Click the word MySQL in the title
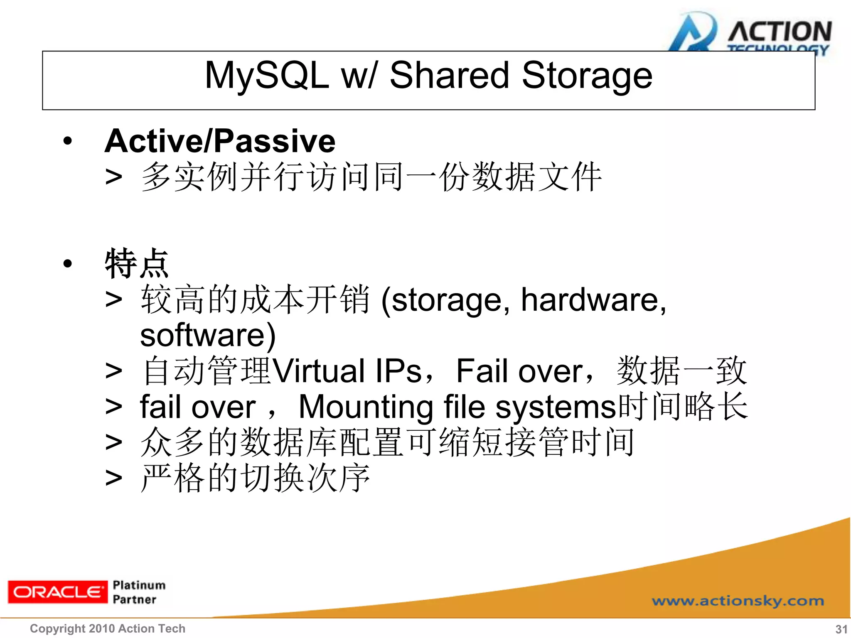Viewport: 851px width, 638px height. click(266, 76)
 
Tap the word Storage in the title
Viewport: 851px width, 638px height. click(587, 76)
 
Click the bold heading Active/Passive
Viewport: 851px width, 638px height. click(220, 141)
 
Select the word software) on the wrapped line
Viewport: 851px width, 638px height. click(208, 335)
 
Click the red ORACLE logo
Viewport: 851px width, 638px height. click(57, 591)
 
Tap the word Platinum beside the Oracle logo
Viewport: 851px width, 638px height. click(139, 585)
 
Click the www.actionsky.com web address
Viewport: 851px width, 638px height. click(738, 601)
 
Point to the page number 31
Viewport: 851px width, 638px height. click(841, 629)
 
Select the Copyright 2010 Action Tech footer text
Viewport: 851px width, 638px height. click(108, 628)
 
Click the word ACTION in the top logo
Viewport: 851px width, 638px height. click(780, 32)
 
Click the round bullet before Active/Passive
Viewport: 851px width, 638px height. click(68, 141)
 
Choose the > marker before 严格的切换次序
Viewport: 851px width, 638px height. click(113, 478)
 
